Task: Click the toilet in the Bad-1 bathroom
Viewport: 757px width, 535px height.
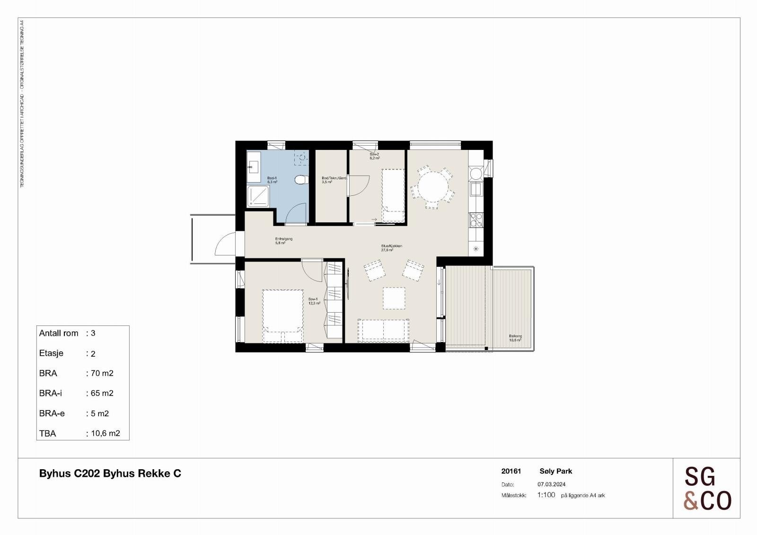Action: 299,180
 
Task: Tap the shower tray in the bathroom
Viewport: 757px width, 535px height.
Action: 258,196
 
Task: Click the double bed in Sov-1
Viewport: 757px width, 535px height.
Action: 283,316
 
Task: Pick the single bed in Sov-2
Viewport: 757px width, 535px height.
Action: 393,195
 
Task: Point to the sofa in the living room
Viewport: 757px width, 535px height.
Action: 384,330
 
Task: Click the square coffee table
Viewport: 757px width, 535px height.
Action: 394,298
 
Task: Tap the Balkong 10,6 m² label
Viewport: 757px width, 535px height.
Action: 515,338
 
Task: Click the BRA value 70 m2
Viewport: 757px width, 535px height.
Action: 100,373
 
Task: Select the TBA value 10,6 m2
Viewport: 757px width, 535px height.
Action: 104,433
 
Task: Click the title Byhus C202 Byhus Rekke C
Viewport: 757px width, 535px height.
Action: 110,474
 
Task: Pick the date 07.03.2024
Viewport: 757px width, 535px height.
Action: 551,484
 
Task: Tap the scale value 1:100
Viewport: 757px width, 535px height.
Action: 546,495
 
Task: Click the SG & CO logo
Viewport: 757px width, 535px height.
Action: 707,488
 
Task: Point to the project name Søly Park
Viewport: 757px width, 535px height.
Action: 556,471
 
